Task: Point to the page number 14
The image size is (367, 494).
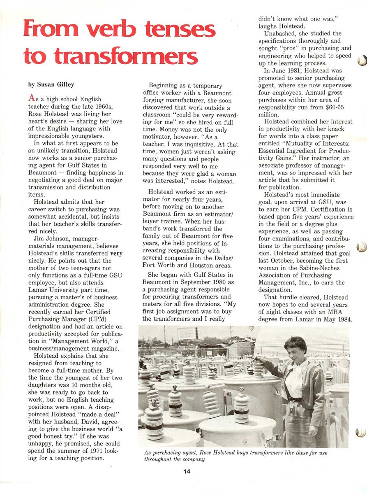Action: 187,472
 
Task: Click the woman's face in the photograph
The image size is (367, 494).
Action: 296,348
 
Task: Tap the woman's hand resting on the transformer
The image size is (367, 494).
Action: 260,359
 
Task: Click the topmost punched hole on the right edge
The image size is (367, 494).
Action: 361,61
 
